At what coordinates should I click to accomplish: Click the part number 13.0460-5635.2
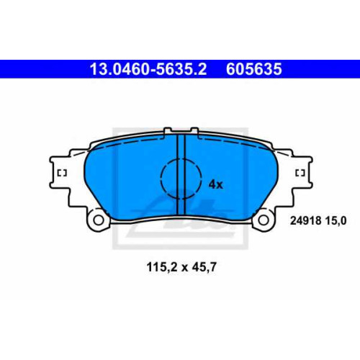[x=148, y=69]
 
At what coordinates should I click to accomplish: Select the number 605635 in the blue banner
[x=253, y=69]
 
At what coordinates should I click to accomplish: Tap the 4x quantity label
[x=216, y=184]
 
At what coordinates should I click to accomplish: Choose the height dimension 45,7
[x=204, y=267]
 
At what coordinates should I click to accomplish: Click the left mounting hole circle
[x=98, y=220]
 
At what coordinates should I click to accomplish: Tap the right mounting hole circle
[x=264, y=220]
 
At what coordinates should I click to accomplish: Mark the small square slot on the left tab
[x=62, y=173]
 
